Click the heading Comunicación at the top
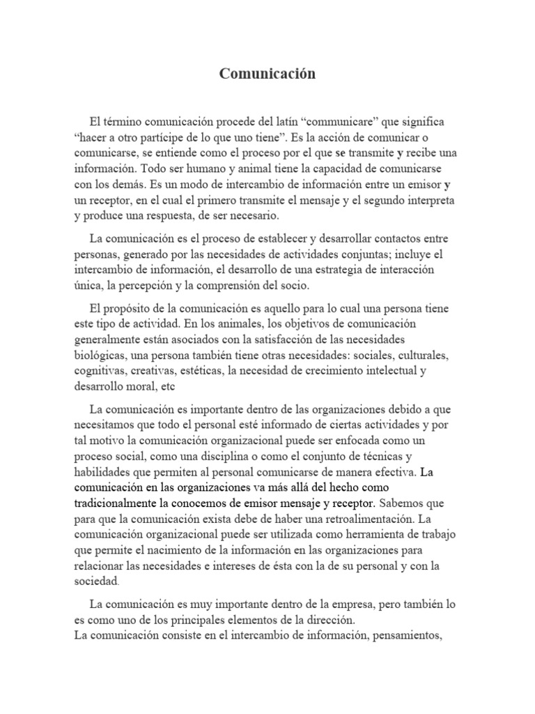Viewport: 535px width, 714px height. click(267, 74)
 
